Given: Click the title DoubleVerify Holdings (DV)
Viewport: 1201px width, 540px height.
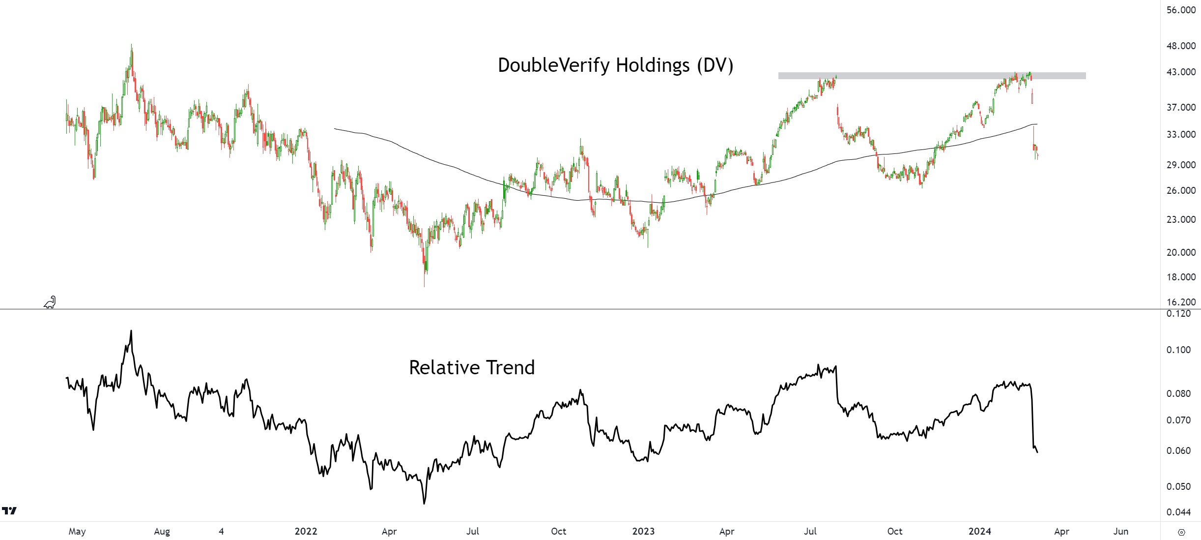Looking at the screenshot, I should click(615, 65).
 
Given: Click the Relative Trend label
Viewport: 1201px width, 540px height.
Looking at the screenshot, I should click(472, 368).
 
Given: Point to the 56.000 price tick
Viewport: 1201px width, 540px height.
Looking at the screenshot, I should click(1181, 10).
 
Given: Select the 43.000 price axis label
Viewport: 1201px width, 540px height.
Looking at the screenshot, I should click(1181, 72).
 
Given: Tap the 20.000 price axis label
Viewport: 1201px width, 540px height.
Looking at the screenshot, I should click(1181, 253).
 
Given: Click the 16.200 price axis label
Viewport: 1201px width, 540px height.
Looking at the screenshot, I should click(1181, 302).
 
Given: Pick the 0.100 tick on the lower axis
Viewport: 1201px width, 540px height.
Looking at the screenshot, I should click(1178, 350).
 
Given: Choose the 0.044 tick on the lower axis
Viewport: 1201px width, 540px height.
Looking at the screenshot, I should click(1178, 512).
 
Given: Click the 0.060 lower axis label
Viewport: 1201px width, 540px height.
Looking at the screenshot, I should click(1178, 451).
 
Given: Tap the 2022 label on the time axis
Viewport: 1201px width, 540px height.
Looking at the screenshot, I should click(306, 532).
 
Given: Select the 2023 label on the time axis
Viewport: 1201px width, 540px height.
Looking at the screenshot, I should click(643, 532).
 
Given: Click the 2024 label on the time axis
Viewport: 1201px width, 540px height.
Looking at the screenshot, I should click(980, 532).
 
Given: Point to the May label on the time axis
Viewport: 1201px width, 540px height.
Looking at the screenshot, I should click(77, 532).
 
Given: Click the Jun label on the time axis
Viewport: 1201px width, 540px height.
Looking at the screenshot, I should click(1121, 532).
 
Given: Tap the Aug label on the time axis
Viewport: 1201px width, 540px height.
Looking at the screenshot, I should click(162, 532).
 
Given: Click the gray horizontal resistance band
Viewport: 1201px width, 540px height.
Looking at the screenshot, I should click(932, 76).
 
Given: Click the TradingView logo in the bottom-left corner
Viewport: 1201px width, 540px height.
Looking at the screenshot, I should click(9, 511).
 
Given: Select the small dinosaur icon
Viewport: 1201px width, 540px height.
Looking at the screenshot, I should click(50, 302).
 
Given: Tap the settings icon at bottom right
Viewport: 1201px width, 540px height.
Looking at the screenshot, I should click(1182, 532).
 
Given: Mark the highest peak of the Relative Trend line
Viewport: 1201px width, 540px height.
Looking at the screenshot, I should click(131, 331).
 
